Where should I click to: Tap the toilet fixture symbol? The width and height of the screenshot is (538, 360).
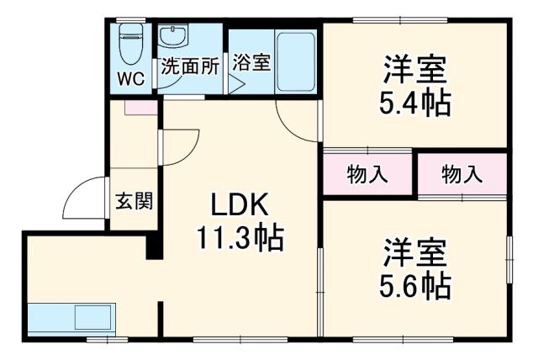point(131,43)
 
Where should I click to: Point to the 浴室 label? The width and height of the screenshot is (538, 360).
point(252,62)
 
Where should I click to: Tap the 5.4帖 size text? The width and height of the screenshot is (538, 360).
point(415,102)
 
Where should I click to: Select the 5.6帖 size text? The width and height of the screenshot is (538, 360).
point(415,287)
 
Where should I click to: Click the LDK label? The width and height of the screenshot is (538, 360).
point(239,205)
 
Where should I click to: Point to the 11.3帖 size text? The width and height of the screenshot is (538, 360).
point(240,239)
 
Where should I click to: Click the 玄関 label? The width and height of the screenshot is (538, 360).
point(134,201)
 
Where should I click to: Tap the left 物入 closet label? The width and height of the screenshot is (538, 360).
point(368,175)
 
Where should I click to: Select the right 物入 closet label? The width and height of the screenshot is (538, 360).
point(462,175)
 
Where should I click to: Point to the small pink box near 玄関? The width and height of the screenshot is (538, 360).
point(139,108)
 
